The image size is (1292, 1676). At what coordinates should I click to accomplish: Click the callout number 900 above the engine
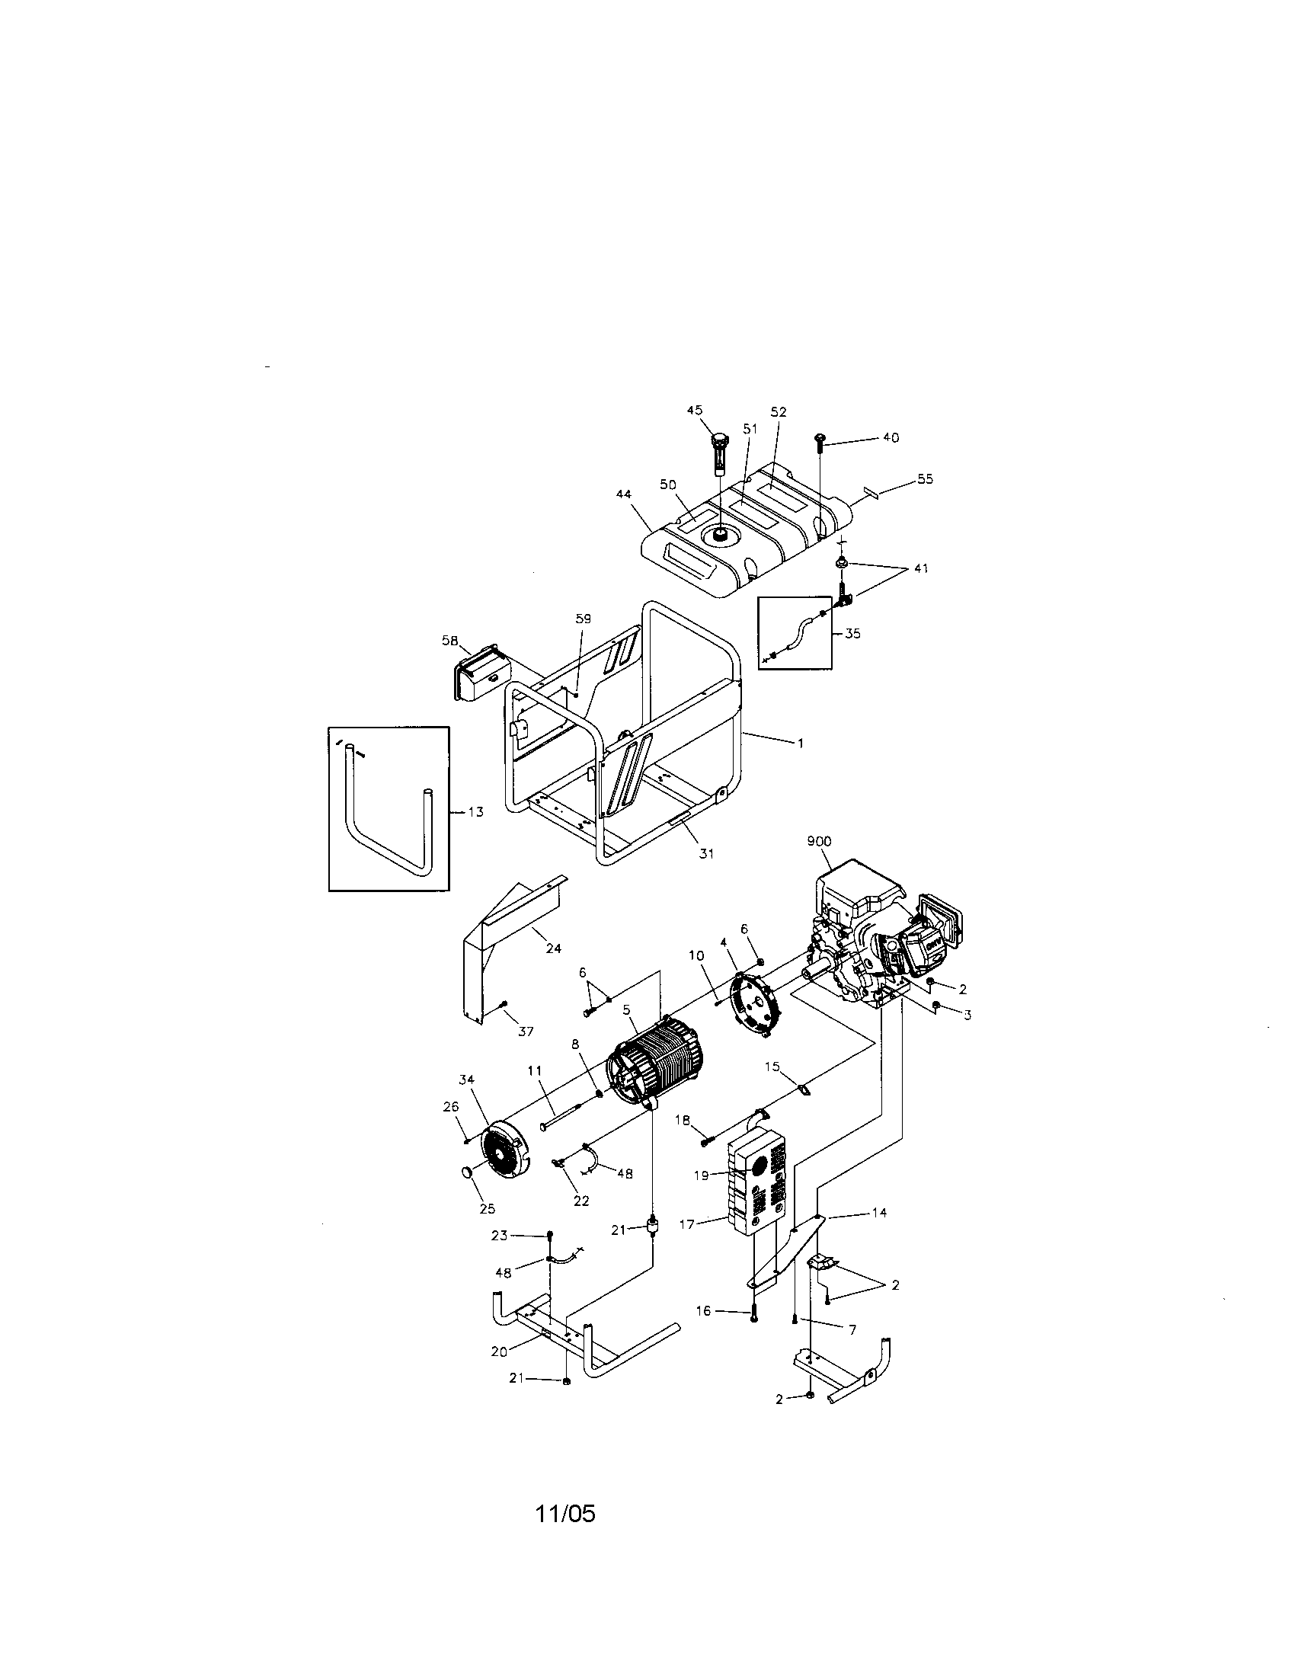[x=819, y=841]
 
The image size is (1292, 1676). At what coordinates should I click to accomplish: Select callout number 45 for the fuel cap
[x=694, y=411]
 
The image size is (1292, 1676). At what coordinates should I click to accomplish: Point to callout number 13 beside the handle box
[x=475, y=811]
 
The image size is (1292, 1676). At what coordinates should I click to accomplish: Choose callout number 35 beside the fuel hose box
[x=852, y=633]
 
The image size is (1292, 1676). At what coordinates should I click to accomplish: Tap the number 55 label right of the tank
[x=926, y=478]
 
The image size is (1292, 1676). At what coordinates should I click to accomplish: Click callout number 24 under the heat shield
[x=553, y=948]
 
